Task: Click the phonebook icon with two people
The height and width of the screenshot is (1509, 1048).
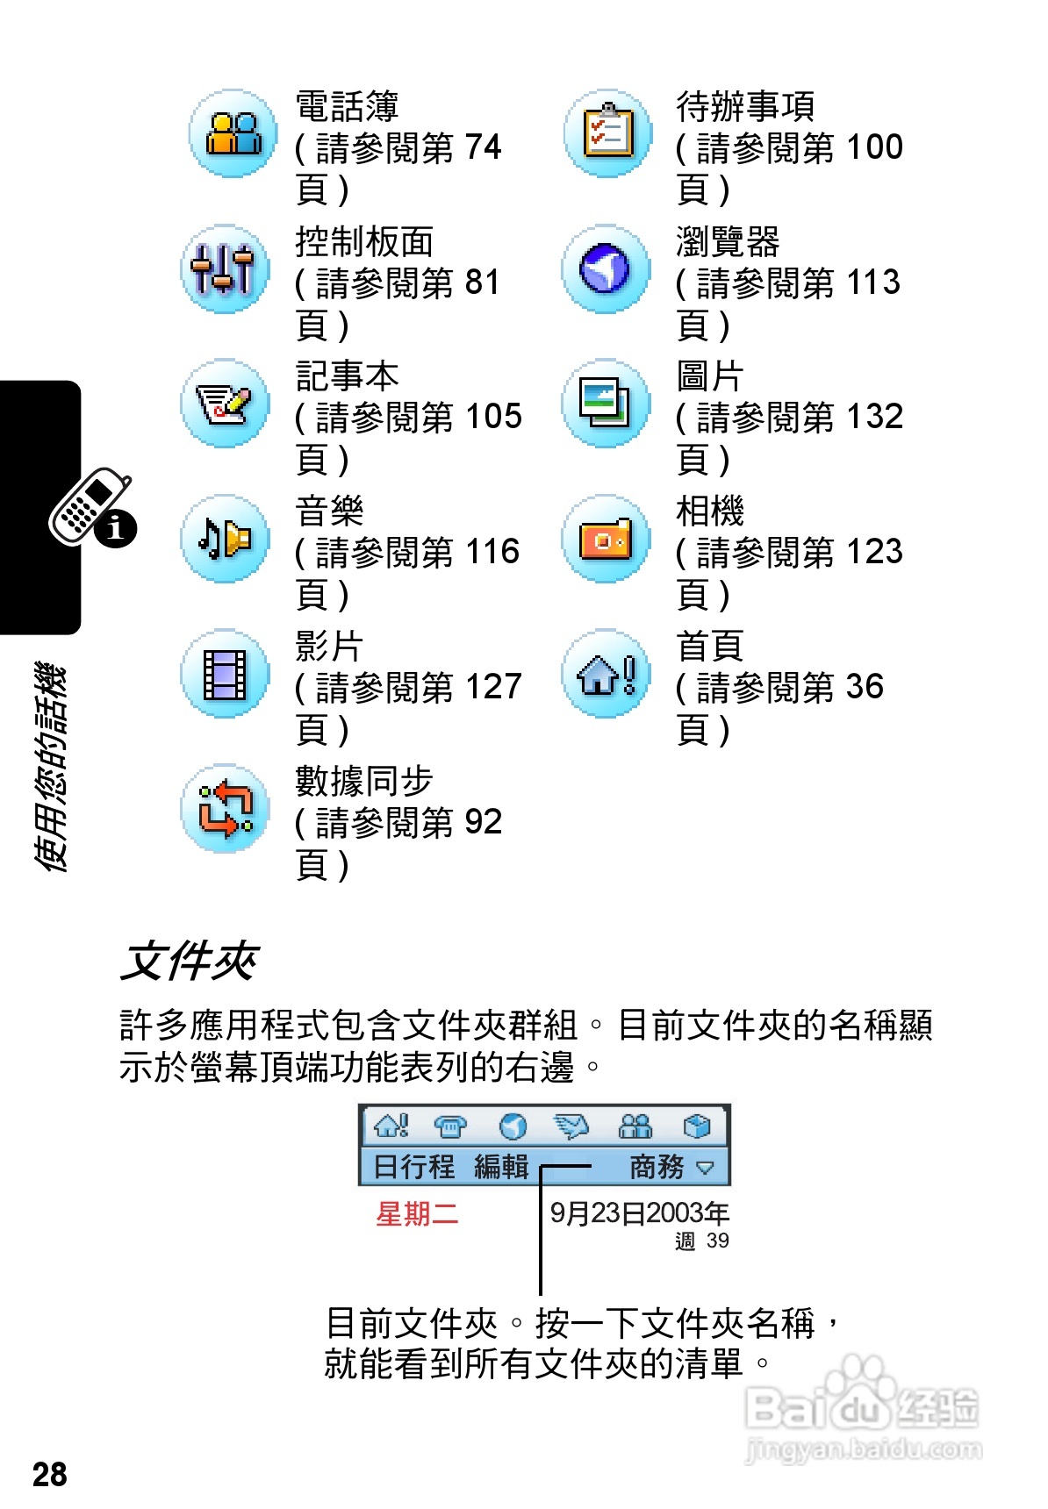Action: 233,133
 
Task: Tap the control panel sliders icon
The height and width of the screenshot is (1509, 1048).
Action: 225,268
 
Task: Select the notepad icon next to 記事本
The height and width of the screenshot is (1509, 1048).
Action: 225,404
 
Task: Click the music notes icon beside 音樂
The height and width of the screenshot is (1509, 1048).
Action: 225,538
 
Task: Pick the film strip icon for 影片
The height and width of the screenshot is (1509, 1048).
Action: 225,674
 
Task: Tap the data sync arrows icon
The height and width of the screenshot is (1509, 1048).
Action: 225,808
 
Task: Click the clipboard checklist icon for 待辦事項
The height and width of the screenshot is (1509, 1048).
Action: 607,133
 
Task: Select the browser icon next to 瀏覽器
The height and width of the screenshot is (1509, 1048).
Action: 606,268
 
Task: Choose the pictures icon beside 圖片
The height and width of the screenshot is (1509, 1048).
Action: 606,404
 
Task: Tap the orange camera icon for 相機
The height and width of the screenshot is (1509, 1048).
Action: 606,539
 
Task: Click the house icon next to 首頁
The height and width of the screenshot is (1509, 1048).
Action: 606,674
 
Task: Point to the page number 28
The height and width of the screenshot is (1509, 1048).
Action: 50,1475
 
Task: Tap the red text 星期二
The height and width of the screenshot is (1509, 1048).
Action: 417,1214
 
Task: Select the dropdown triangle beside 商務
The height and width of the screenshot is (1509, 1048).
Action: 705,1168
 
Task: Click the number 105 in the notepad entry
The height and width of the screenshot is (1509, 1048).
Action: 493,417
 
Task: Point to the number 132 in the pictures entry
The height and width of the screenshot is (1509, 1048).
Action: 874,417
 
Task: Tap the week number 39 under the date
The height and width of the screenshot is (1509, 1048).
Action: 717,1241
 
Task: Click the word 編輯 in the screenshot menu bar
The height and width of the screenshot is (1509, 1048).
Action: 501,1167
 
